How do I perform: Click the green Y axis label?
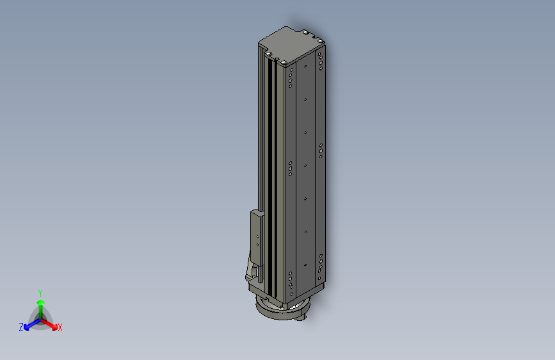click(40, 293)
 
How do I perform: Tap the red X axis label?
click(60, 327)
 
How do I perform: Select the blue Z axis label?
click(21, 327)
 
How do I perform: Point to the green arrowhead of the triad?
click(41, 302)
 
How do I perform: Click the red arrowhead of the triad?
click(54, 327)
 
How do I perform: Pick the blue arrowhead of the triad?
click(26, 327)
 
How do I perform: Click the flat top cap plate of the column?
click(291, 45)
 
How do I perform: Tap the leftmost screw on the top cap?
click(269, 54)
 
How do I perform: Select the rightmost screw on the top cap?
click(320, 41)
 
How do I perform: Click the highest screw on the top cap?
click(305, 32)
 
